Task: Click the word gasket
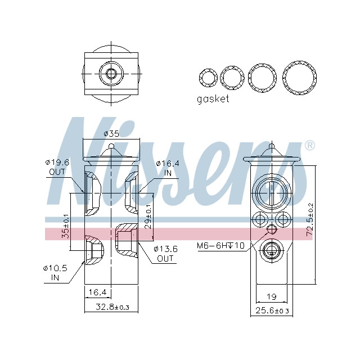(213, 99)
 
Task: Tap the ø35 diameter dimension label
(112, 134)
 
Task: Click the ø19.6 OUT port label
(57, 167)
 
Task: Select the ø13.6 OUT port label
(165, 254)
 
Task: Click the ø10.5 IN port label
(56, 272)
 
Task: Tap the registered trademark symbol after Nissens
(309, 146)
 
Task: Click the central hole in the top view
(111, 74)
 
